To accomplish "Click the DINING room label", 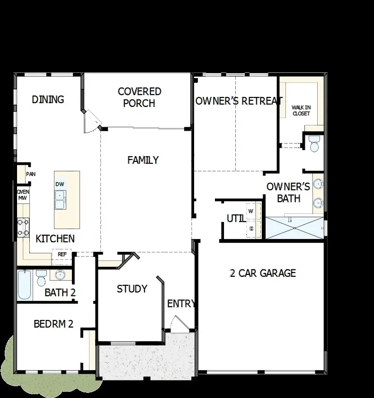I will [48, 99].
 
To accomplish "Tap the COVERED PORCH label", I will [139, 97].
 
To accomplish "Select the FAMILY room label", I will [143, 160].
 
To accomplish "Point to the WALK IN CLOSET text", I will [301, 110].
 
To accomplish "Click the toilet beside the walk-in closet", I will [314, 144].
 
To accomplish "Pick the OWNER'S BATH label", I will [288, 192].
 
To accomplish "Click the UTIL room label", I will [235, 219].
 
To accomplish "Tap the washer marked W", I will [251, 211].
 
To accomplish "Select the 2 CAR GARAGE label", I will [263, 273].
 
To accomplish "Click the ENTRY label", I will [181, 304].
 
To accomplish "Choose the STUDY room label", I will [132, 289].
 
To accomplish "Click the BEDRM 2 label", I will [53, 324].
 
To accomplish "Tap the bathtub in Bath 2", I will [25, 284].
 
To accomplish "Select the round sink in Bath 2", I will [59, 275].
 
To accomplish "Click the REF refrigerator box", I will [62, 254].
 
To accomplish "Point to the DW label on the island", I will [60, 184].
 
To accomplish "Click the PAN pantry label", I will [31, 174].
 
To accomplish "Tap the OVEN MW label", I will [23, 195].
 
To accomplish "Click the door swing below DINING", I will [91, 122].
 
